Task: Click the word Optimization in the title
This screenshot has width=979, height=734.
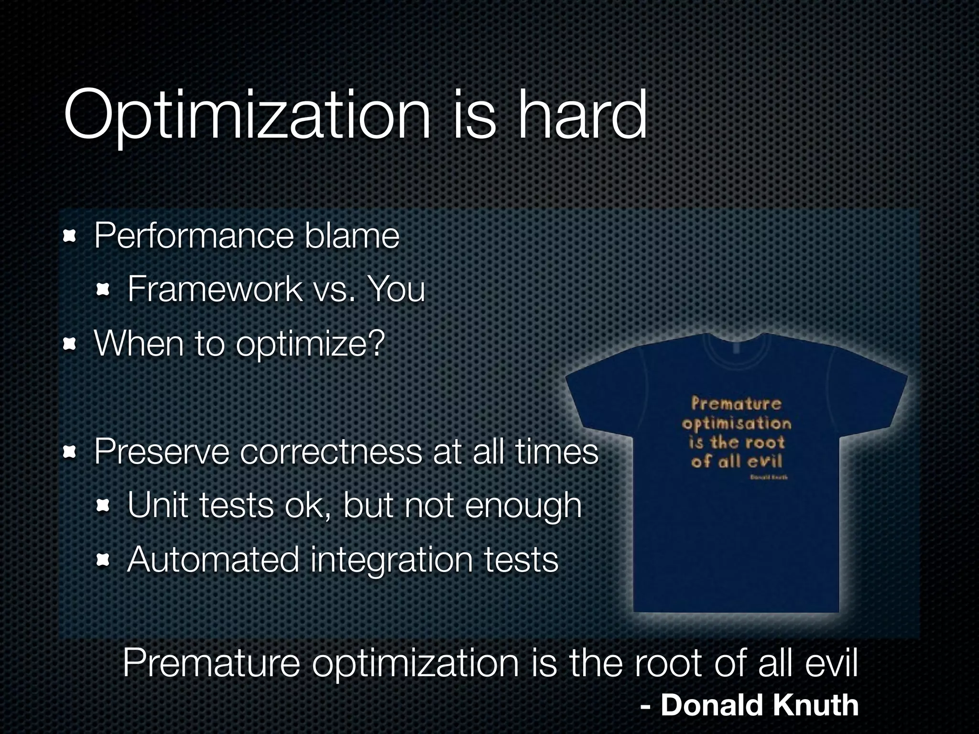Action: (x=247, y=116)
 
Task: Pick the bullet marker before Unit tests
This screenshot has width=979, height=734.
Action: (x=103, y=505)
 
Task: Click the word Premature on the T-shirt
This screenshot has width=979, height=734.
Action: (x=736, y=404)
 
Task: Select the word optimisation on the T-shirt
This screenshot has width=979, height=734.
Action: (x=737, y=423)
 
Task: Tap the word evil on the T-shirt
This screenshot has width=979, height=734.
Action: (x=764, y=461)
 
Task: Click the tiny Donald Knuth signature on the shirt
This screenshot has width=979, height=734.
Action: (x=769, y=477)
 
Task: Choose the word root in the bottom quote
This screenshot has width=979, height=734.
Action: (x=669, y=663)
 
